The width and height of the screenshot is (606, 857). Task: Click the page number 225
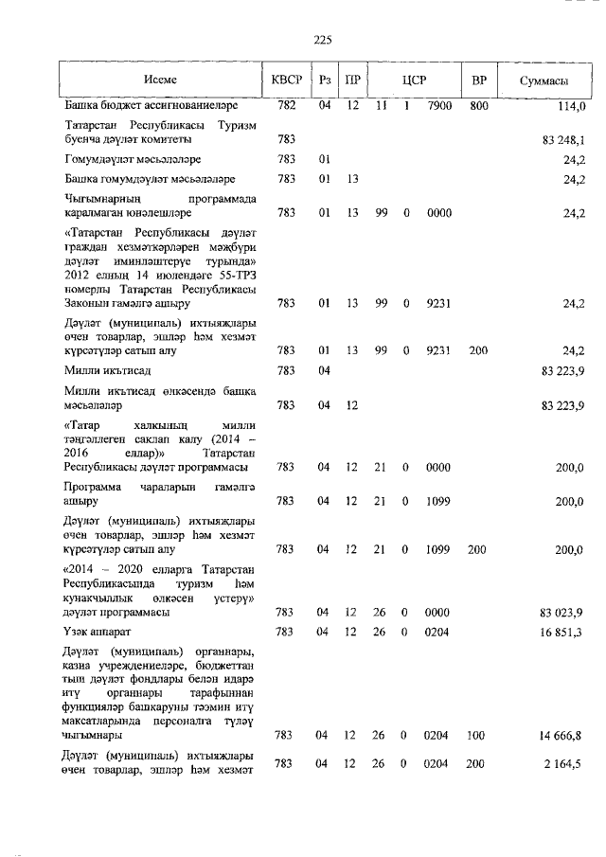322,40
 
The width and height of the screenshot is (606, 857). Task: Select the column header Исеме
161,80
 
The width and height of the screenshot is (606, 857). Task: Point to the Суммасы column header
544,80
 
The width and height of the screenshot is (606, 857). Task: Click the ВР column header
479,80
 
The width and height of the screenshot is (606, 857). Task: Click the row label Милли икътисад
108,369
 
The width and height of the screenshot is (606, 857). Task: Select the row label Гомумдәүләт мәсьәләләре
133,159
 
